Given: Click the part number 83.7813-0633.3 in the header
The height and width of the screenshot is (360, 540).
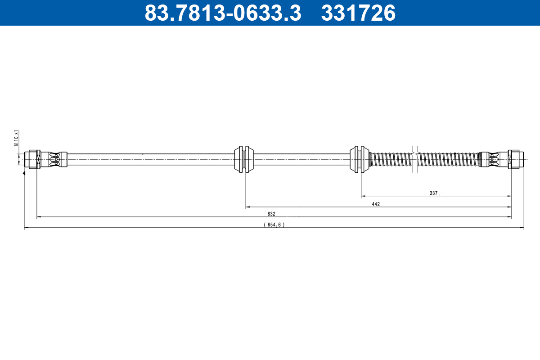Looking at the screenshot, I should (x=222, y=13).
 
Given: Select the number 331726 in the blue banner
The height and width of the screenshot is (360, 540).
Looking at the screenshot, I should (x=358, y=13).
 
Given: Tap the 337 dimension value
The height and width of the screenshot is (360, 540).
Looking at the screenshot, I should (x=433, y=193).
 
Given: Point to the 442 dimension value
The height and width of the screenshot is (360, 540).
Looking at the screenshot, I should (x=376, y=204).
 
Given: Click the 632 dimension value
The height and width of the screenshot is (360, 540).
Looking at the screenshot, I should (x=271, y=214).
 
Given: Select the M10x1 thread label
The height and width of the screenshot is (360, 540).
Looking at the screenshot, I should (x=16, y=138).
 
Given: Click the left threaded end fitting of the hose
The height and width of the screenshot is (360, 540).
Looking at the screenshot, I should (x=32, y=159).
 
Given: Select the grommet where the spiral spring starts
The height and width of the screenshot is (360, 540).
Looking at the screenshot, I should (x=360, y=159).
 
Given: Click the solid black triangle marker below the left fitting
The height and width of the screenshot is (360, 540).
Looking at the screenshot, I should (x=24, y=173).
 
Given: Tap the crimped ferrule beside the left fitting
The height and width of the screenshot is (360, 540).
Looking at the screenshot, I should (x=54, y=159).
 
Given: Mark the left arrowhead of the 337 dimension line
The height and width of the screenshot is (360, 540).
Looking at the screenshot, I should (x=363, y=196).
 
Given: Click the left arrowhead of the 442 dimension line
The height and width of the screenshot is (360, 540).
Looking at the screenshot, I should (x=247, y=207).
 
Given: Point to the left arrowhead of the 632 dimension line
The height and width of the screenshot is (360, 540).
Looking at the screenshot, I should (x=39, y=217).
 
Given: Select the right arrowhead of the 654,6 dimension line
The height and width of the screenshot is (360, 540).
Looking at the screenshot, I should (x=522, y=228).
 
